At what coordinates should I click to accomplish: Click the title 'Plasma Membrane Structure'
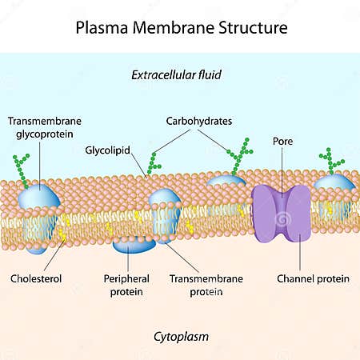pos(180,28)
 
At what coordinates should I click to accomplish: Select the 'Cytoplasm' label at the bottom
pos(181,336)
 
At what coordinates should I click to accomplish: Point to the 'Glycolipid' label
pos(108,150)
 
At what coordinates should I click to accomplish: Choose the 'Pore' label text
pos(282,141)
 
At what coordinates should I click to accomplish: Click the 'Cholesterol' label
pos(36,279)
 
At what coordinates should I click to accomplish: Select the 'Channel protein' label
pos(302,279)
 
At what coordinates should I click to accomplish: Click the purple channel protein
pos(281,214)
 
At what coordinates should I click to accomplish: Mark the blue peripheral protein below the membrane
pos(133,244)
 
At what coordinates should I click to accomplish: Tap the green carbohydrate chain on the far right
pos(330,161)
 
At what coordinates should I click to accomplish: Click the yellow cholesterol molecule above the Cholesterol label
pos(61,233)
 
